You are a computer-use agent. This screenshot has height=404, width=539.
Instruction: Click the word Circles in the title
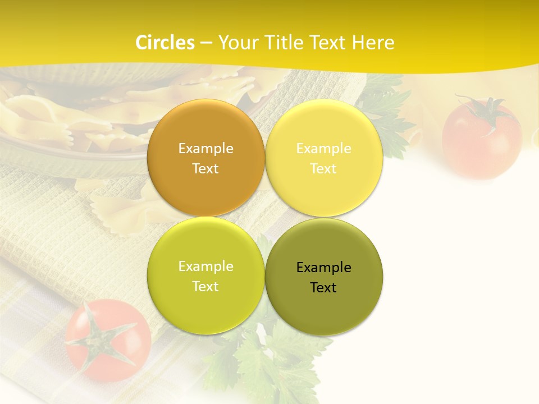[165, 43]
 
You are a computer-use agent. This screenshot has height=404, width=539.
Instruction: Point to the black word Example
[323, 268]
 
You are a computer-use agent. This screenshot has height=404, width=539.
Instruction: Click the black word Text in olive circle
[323, 288]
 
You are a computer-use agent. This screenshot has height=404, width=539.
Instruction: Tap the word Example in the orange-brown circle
[206, 149]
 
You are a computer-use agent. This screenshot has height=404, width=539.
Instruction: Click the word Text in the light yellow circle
[323, 169]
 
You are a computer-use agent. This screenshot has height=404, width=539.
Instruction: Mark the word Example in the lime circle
[206, 267]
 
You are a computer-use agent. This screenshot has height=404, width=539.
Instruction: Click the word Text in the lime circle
[205, 287]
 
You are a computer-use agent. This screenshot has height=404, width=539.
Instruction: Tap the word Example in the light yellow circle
[323, 149]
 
